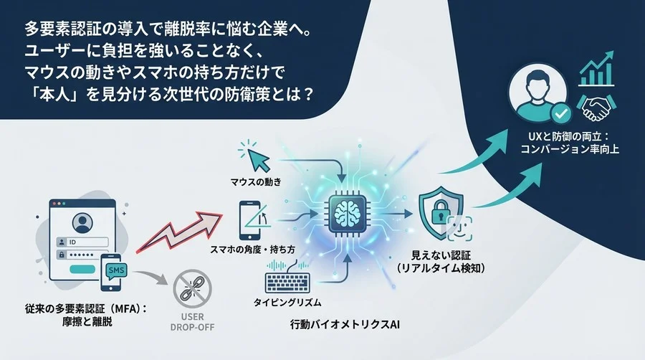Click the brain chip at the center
[347, 214]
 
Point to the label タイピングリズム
[287, 303]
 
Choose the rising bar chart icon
[597, 70]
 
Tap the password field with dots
[95, 255]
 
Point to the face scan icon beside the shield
[460, 229]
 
